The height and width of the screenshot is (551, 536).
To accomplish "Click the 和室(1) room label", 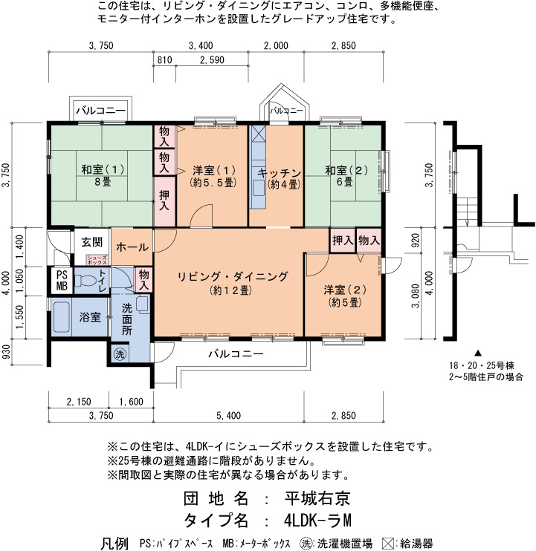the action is (103, 169).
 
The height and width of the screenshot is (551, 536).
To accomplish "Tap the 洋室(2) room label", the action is (345, 290).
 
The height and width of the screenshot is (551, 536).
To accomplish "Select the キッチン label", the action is (280, 173).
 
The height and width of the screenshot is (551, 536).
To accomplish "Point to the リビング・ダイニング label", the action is (232, 276).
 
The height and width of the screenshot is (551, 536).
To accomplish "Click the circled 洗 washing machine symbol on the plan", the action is (120, 354).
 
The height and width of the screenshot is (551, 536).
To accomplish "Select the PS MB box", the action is (62, 281).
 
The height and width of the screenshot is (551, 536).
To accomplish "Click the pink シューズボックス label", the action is (97, 260).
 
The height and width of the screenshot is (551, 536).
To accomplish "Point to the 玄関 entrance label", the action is (91, 242).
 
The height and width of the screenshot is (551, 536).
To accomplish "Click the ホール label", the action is (132, 247).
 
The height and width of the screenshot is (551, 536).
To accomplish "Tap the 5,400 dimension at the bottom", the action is (229, 416).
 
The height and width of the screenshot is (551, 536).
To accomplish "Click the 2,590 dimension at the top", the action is (212, 60).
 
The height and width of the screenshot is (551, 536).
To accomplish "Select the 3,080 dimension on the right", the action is (416, 296).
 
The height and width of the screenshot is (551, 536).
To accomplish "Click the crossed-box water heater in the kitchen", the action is (258, 134).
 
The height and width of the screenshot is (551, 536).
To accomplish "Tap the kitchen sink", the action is (258, 189).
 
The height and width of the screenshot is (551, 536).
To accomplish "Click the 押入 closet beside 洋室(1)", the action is (164, 201).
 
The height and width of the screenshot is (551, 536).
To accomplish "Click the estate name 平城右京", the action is (317, 498).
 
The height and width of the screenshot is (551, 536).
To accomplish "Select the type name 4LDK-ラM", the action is (317, 521).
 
